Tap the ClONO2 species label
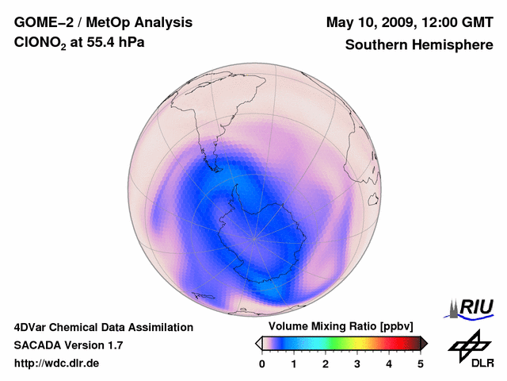click(x=41, y=46)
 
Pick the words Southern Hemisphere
click(x=418, y=45)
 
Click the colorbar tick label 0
click(x=262, y=364)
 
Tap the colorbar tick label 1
click(x=294, y=364)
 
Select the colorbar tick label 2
click(x=326, y=364)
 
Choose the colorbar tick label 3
click(x=357, y=364)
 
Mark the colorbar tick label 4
click(x=389, y=364)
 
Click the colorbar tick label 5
click(x=421, y=364)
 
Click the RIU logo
click(x=471, y=307)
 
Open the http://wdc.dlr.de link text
click(x=56, y=364)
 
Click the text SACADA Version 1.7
click(x=68, y=345)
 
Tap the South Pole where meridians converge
click(x=253, y=237)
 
